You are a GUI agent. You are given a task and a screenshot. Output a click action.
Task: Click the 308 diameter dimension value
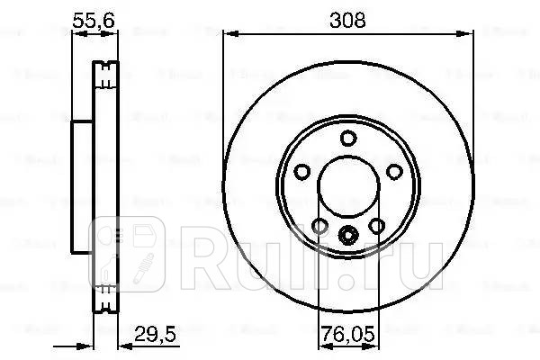(x=347, y=20)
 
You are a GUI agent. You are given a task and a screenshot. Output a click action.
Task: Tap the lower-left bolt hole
(x=319, y=227)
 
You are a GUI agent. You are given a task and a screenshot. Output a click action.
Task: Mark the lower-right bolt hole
(x=375, y=227)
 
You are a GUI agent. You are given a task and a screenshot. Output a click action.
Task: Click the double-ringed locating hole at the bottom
(x=347, y=237)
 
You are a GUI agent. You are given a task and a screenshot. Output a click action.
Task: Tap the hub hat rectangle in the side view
(x=82, y=190)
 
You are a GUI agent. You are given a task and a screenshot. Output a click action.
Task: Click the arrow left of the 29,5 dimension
(x=85, y=346)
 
